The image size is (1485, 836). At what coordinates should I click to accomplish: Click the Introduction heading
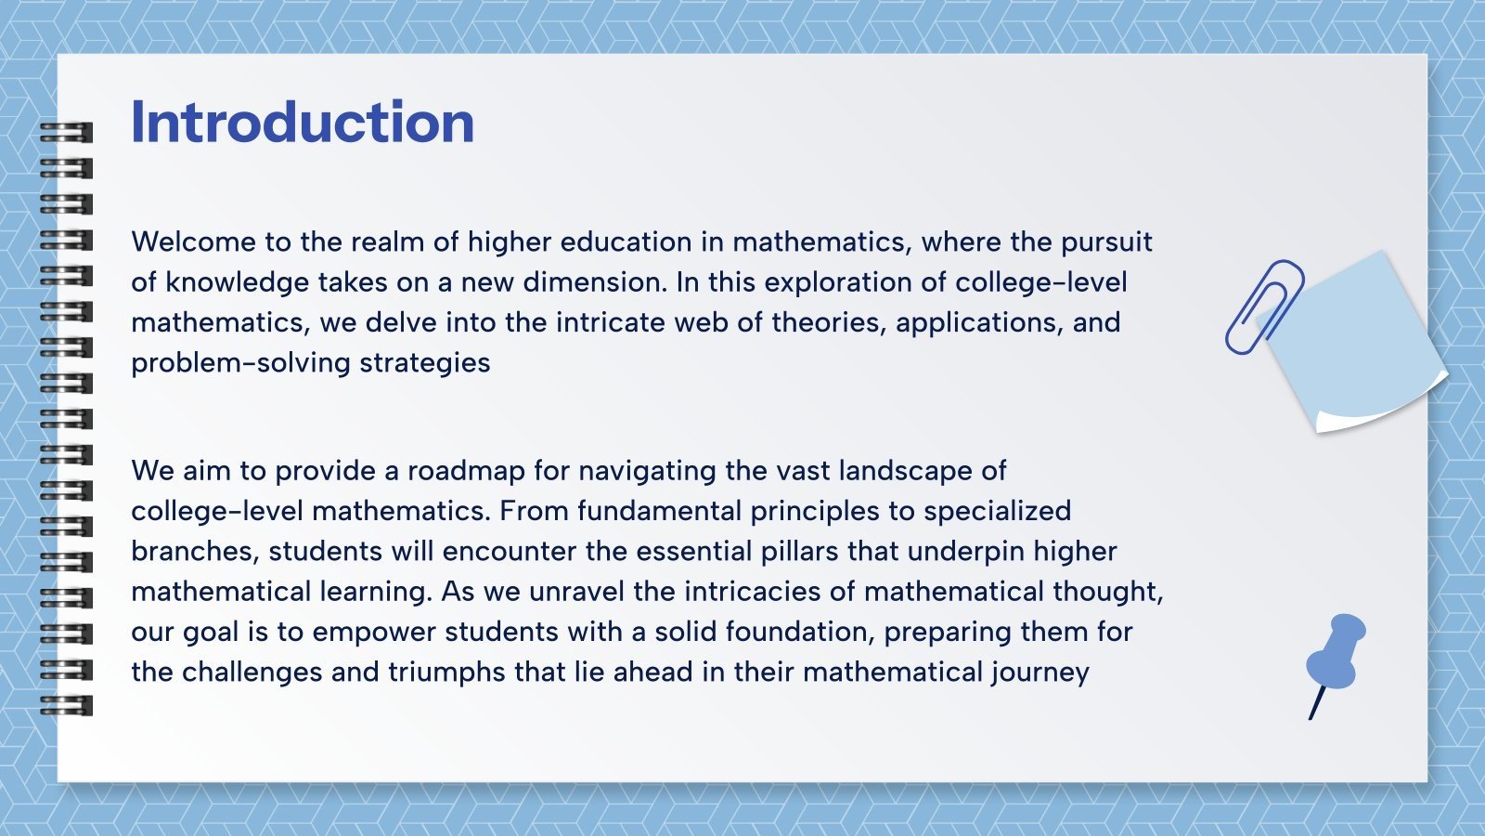[302, 123]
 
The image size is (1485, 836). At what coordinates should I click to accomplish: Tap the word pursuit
[1106, 242]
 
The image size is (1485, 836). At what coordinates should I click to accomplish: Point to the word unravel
[575, 592]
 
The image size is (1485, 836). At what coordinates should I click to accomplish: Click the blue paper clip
[1264, 307]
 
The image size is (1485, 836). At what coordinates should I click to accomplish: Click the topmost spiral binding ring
[67, 133]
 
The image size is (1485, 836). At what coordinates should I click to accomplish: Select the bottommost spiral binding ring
[67, 705]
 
